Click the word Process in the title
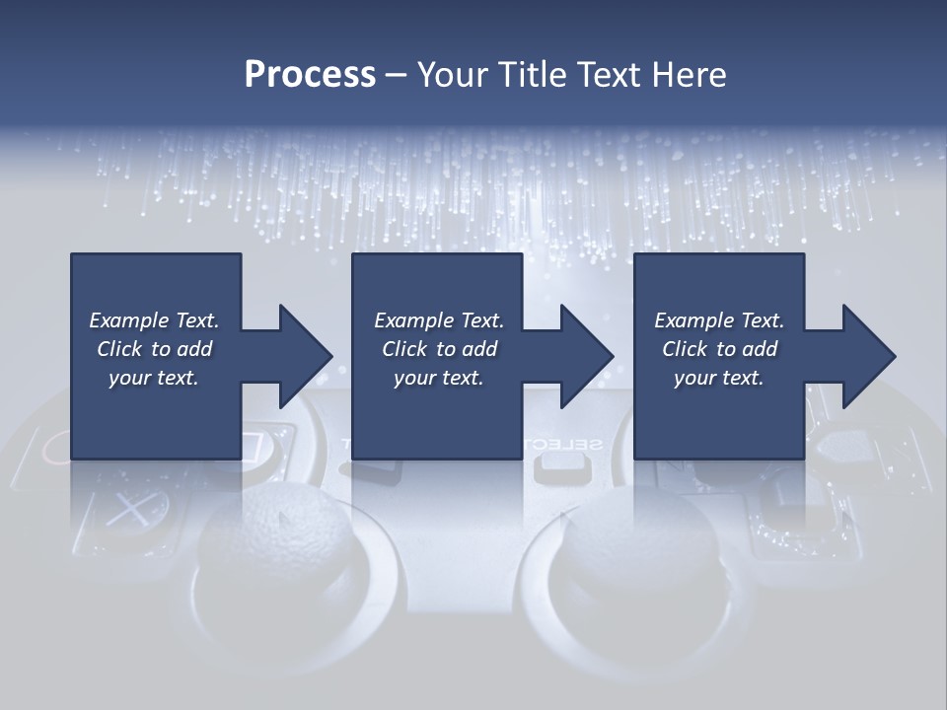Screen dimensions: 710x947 pos(310,74)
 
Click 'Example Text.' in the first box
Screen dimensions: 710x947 pos(154,320)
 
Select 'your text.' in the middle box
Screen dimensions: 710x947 pos(438,378)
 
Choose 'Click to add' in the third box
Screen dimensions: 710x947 pos(719,349)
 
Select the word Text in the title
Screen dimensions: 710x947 pos(613,74)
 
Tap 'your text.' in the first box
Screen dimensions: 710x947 pos(154,378)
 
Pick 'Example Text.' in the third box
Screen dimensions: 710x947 pos(719,320)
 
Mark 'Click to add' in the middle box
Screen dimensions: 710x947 pos(438,349)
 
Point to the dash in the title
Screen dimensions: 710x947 pos(396,74)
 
